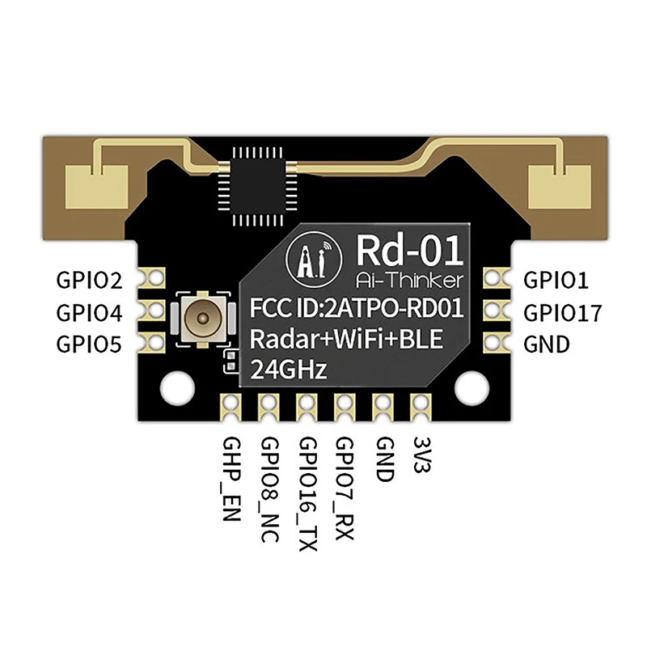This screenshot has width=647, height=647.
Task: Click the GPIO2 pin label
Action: tap(89, 281)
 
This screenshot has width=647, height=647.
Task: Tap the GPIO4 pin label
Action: tap(89, 312)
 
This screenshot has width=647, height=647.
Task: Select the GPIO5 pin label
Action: tap(89, 344)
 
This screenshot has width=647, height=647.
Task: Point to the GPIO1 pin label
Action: tap(557, 281)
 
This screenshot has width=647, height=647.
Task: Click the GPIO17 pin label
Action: tap(563, 312)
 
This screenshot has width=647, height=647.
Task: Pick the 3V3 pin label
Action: tap(419, 456)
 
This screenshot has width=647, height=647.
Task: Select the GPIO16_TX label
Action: tap(308, 493)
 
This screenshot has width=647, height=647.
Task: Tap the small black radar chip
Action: tap(253, 184)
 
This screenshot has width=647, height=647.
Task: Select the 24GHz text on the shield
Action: tap(290, 371)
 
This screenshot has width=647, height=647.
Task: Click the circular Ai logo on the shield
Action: tap(308, 258)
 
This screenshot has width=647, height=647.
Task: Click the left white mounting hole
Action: tap(175, 387)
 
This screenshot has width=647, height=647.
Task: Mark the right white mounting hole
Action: tap(471, 387)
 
